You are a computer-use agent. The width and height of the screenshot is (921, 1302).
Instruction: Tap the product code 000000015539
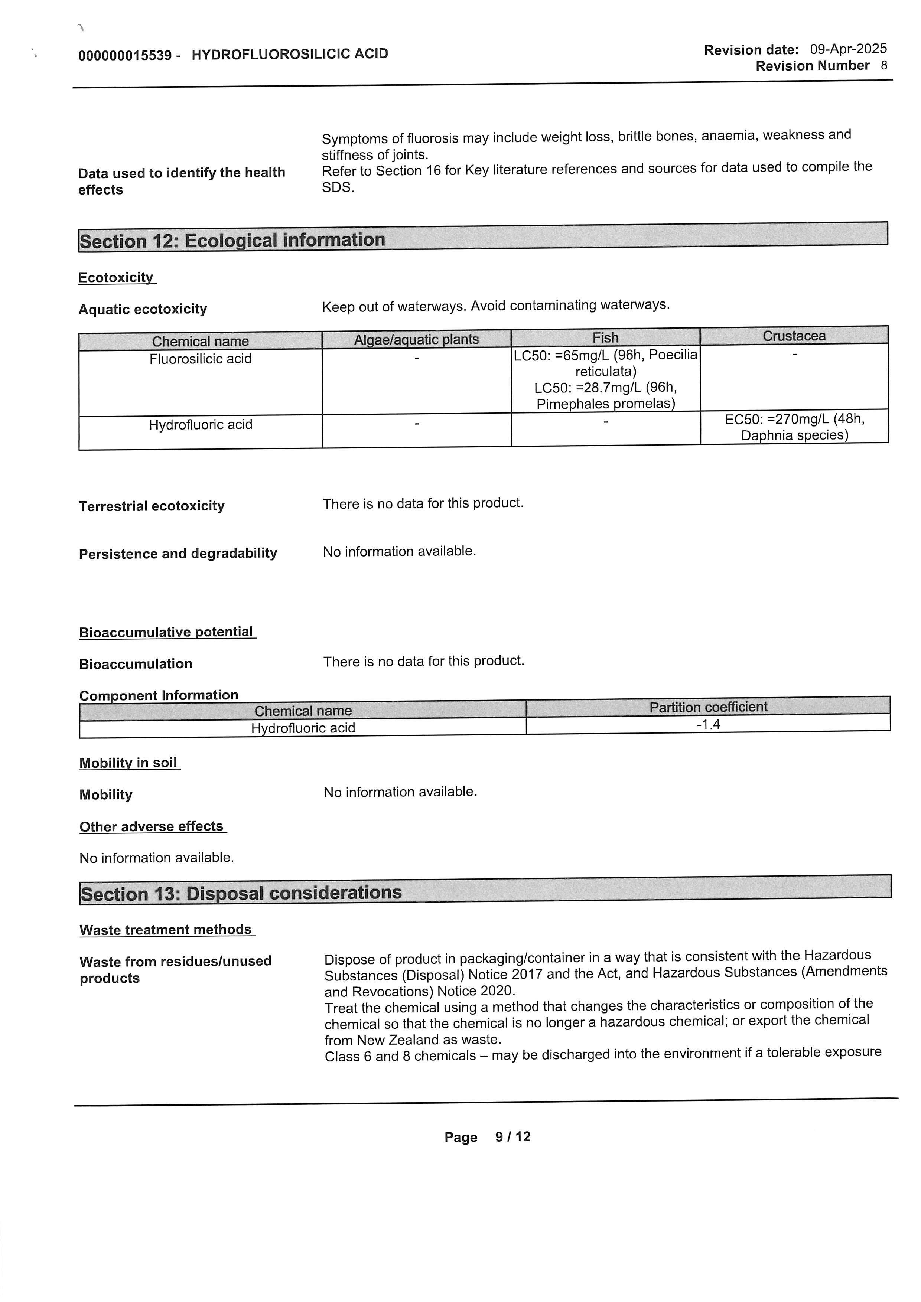point(125,55)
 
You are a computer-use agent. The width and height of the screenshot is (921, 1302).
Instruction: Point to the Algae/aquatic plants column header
point(416,339)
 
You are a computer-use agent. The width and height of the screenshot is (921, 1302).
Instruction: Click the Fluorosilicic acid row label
point(200,358)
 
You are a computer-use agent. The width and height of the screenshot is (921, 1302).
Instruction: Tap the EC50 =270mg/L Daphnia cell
point(794,427)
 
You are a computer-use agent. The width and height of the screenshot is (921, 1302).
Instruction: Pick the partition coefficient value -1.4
point(708,724)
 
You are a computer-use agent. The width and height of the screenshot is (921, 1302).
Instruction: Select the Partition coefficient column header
point(708,707)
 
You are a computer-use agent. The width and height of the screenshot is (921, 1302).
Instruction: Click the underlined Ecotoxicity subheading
point(116,277)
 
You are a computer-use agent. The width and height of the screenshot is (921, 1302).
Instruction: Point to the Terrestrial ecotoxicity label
point(152,506)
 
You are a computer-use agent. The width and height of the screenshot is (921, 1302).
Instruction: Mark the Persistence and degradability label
point(178,554)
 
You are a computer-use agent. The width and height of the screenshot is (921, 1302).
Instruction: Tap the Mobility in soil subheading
point(129,763)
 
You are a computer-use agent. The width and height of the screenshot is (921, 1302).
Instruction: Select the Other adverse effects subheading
point(152,826)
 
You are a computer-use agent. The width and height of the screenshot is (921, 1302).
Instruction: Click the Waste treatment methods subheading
point(166,929)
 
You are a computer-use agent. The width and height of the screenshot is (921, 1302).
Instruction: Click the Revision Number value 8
point(883,65)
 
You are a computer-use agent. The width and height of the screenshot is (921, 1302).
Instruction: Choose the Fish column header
point(605,337)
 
